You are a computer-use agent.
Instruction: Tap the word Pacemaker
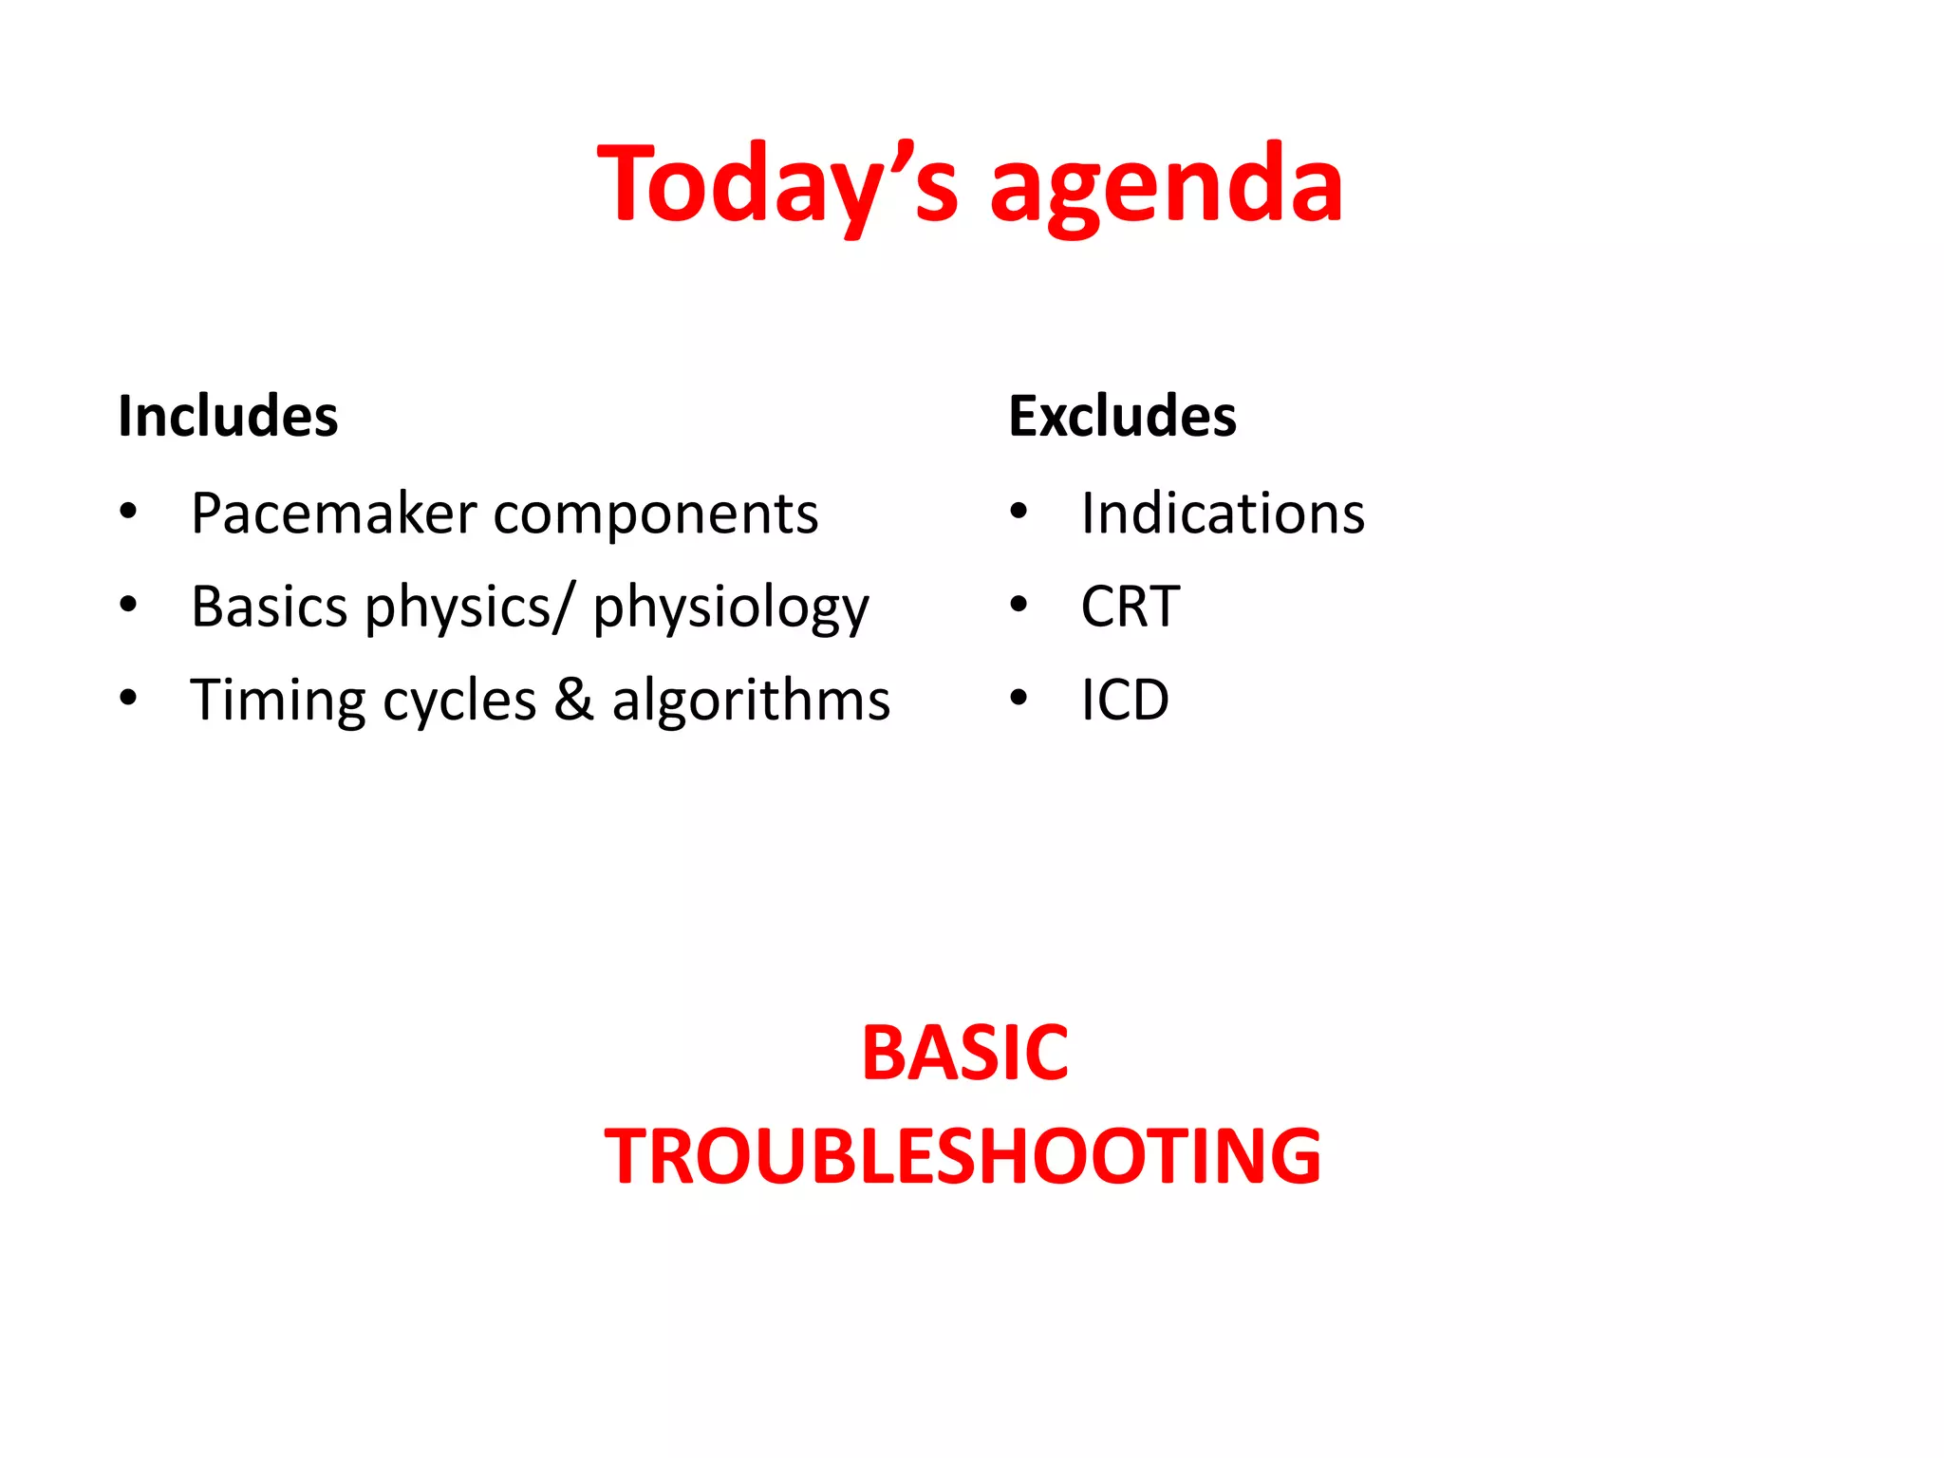(333, 514)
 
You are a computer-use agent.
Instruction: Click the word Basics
(270, 607)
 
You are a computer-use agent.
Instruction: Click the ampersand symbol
(573, 701)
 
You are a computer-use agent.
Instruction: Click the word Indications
(1223, 514)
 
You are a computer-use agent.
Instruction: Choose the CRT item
(1130, 607)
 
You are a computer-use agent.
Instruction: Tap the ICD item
(1125, 701)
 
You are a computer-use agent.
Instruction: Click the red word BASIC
(964, 1053)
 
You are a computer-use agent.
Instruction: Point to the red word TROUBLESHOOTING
(963, 1156)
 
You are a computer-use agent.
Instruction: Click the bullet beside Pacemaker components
(129, 513)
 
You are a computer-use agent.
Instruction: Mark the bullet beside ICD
(1019, 699)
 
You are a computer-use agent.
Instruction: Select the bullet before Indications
(1019, 513)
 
